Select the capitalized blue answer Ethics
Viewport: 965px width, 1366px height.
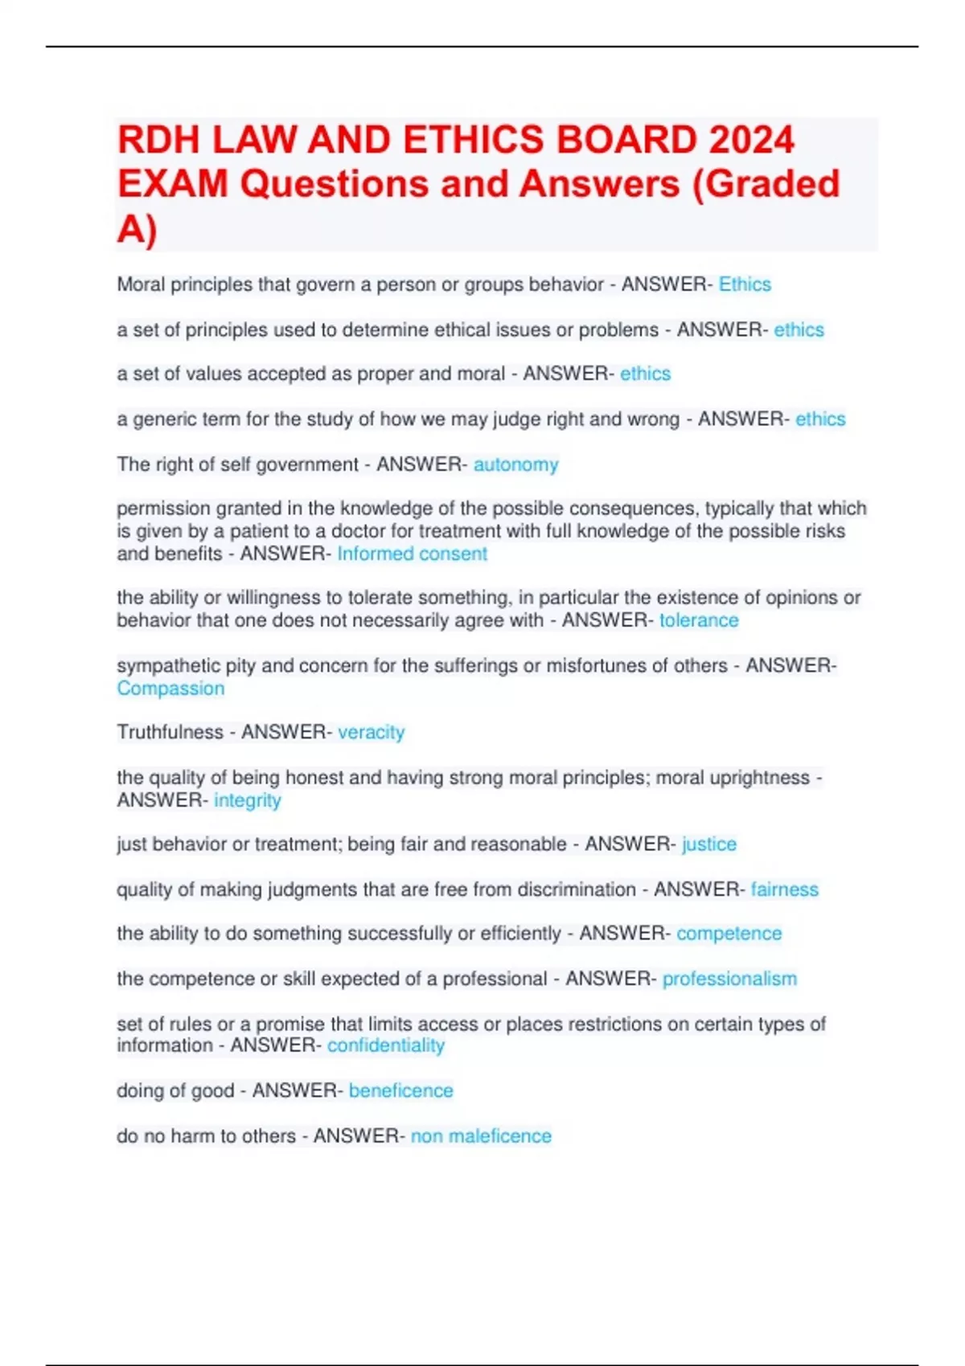745,284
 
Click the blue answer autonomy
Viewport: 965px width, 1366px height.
515,464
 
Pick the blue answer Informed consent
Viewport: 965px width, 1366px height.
412,554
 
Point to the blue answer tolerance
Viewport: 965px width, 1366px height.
699,620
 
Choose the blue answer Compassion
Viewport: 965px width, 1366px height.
170,689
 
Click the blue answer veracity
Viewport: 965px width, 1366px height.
371,732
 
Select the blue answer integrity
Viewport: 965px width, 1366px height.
247,800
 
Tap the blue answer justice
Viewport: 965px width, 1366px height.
708,844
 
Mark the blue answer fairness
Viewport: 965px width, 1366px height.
784,890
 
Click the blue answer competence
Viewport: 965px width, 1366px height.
729,933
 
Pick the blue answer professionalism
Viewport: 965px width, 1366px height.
729,979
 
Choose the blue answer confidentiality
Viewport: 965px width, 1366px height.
385,1045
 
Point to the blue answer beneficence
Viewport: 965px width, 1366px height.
400,1090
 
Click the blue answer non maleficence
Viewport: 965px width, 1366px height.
481,1136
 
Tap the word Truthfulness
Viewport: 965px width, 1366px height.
170,732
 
